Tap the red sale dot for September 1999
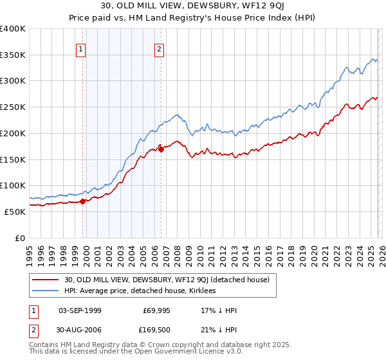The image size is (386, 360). [x=82, y=201]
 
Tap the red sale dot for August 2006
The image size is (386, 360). [x=161, y=149]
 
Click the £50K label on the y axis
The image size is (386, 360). [x=15, y=212]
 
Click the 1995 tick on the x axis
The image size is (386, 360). [x=29, y=239]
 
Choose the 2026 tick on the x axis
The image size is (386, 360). [x=381, y=239]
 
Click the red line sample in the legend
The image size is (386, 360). [x=45, y=280]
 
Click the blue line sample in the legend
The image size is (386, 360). [x=45, y=291]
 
